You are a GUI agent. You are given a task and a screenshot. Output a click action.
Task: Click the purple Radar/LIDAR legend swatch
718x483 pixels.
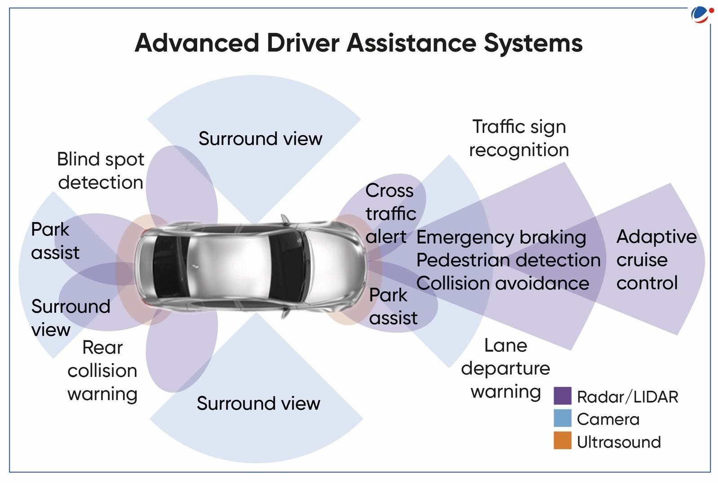point(562,396)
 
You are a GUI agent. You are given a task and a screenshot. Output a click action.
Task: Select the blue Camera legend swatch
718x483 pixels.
point(562,418)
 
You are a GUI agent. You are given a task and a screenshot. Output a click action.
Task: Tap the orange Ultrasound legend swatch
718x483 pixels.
point(562,441)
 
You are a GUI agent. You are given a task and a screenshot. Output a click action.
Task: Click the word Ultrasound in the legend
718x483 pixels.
point(619,442)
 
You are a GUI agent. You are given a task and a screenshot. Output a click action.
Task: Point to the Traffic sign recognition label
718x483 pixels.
point(519,138)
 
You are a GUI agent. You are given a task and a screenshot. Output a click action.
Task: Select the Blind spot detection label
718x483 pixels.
point(101,171)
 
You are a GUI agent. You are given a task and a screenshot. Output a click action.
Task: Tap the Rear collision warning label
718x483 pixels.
point(102,371)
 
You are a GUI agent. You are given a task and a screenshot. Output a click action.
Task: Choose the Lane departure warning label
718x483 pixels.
point(505,368)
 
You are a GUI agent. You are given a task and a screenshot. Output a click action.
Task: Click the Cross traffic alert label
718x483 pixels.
point(390,214)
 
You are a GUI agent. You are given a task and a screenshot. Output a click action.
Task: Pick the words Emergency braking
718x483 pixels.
point(501,237)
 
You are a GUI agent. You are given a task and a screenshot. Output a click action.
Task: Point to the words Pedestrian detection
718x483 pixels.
point(508,260)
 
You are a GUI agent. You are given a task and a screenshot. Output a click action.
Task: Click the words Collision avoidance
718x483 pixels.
point(502,284)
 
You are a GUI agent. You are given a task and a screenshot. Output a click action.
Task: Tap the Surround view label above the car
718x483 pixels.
point(260,138)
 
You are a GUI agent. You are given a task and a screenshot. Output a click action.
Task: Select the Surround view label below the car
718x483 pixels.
point(258,403)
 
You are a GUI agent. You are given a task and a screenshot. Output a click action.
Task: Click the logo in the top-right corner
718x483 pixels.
point(702,14)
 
